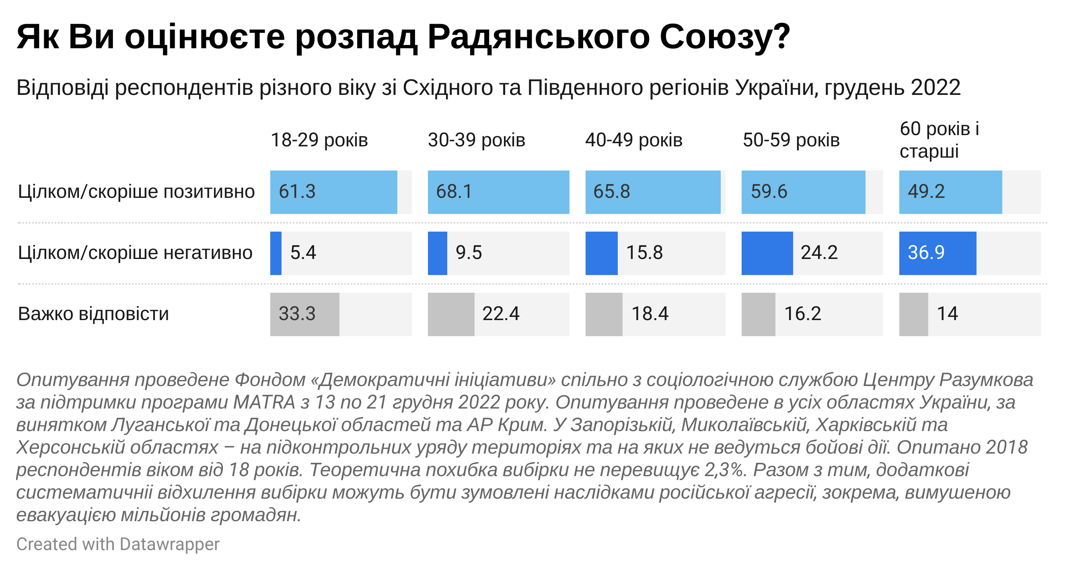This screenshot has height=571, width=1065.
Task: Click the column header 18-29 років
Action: pyautogui.click(x=319, y=140)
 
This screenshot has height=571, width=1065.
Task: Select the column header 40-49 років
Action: pyautogui.click(x=633, y=140)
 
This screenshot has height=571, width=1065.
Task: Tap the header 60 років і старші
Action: pyautogui.click(x=939, y=140)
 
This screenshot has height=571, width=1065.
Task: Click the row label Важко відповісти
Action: pyautogui.click(x=93, y=314)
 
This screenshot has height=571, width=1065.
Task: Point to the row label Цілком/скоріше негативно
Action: pyautogui.click(x=135, y=253)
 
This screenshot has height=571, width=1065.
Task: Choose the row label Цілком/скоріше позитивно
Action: pyautogui.click(x=136, y=192)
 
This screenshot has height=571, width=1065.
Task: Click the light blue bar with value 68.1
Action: pyautogui.click(x=498, y=192)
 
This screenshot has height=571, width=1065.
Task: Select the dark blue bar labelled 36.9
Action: pyautogui.click(x=937, y=253)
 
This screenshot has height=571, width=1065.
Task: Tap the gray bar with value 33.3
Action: pyautogui.click(x=305, y=314)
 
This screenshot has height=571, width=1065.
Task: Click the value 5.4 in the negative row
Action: pyautogui.click(x=303, y=253)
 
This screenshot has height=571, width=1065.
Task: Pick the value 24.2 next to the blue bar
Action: pyautogui.click(x=819, y=253)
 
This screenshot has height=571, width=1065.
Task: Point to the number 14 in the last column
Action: pyautogui.click(x=947, y=314)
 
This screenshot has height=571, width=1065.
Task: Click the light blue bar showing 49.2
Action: pyautogui.click(x=950, y=192)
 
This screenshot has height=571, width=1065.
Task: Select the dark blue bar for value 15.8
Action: pyautogui.click(x=601, y=253)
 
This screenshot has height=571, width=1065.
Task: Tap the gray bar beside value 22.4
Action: pyautogui.click(x=451, y=314)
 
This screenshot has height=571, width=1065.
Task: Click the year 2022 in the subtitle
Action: pyautogui.click(x=935, y=88)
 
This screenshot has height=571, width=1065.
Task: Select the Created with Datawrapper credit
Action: pyautogui.click(x=118, y=544)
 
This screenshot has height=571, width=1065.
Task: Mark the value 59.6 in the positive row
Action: pyautogui.click(x=769, y=192)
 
